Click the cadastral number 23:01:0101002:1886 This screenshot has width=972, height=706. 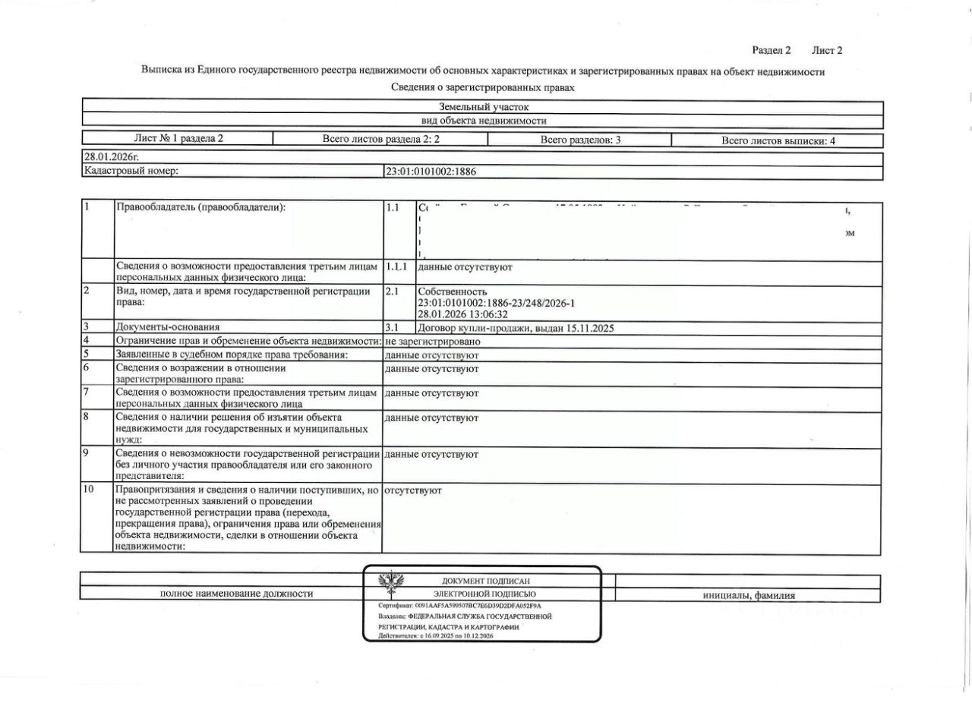coord(431,172)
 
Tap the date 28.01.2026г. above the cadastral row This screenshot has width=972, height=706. coord(112,157)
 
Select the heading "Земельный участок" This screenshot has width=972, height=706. coord(483,107)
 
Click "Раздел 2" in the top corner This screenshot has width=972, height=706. coord(772,50)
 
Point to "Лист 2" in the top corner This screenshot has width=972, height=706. coord(827,50)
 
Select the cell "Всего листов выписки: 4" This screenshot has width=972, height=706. coord(778,140)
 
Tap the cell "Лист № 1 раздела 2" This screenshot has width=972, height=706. coord(178,138)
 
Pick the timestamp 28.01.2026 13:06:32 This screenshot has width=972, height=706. coord(462,314)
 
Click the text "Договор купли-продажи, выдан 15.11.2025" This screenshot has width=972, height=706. coord(516,329)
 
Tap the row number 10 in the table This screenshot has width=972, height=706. coord(89,490)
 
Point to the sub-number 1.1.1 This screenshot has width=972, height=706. coord(396,267)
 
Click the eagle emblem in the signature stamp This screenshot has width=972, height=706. coord(391,583)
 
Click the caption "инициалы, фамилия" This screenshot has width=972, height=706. coord(750,595)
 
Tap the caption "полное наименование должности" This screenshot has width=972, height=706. coord(236,594)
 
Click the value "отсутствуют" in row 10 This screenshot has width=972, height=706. coord(413,490)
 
